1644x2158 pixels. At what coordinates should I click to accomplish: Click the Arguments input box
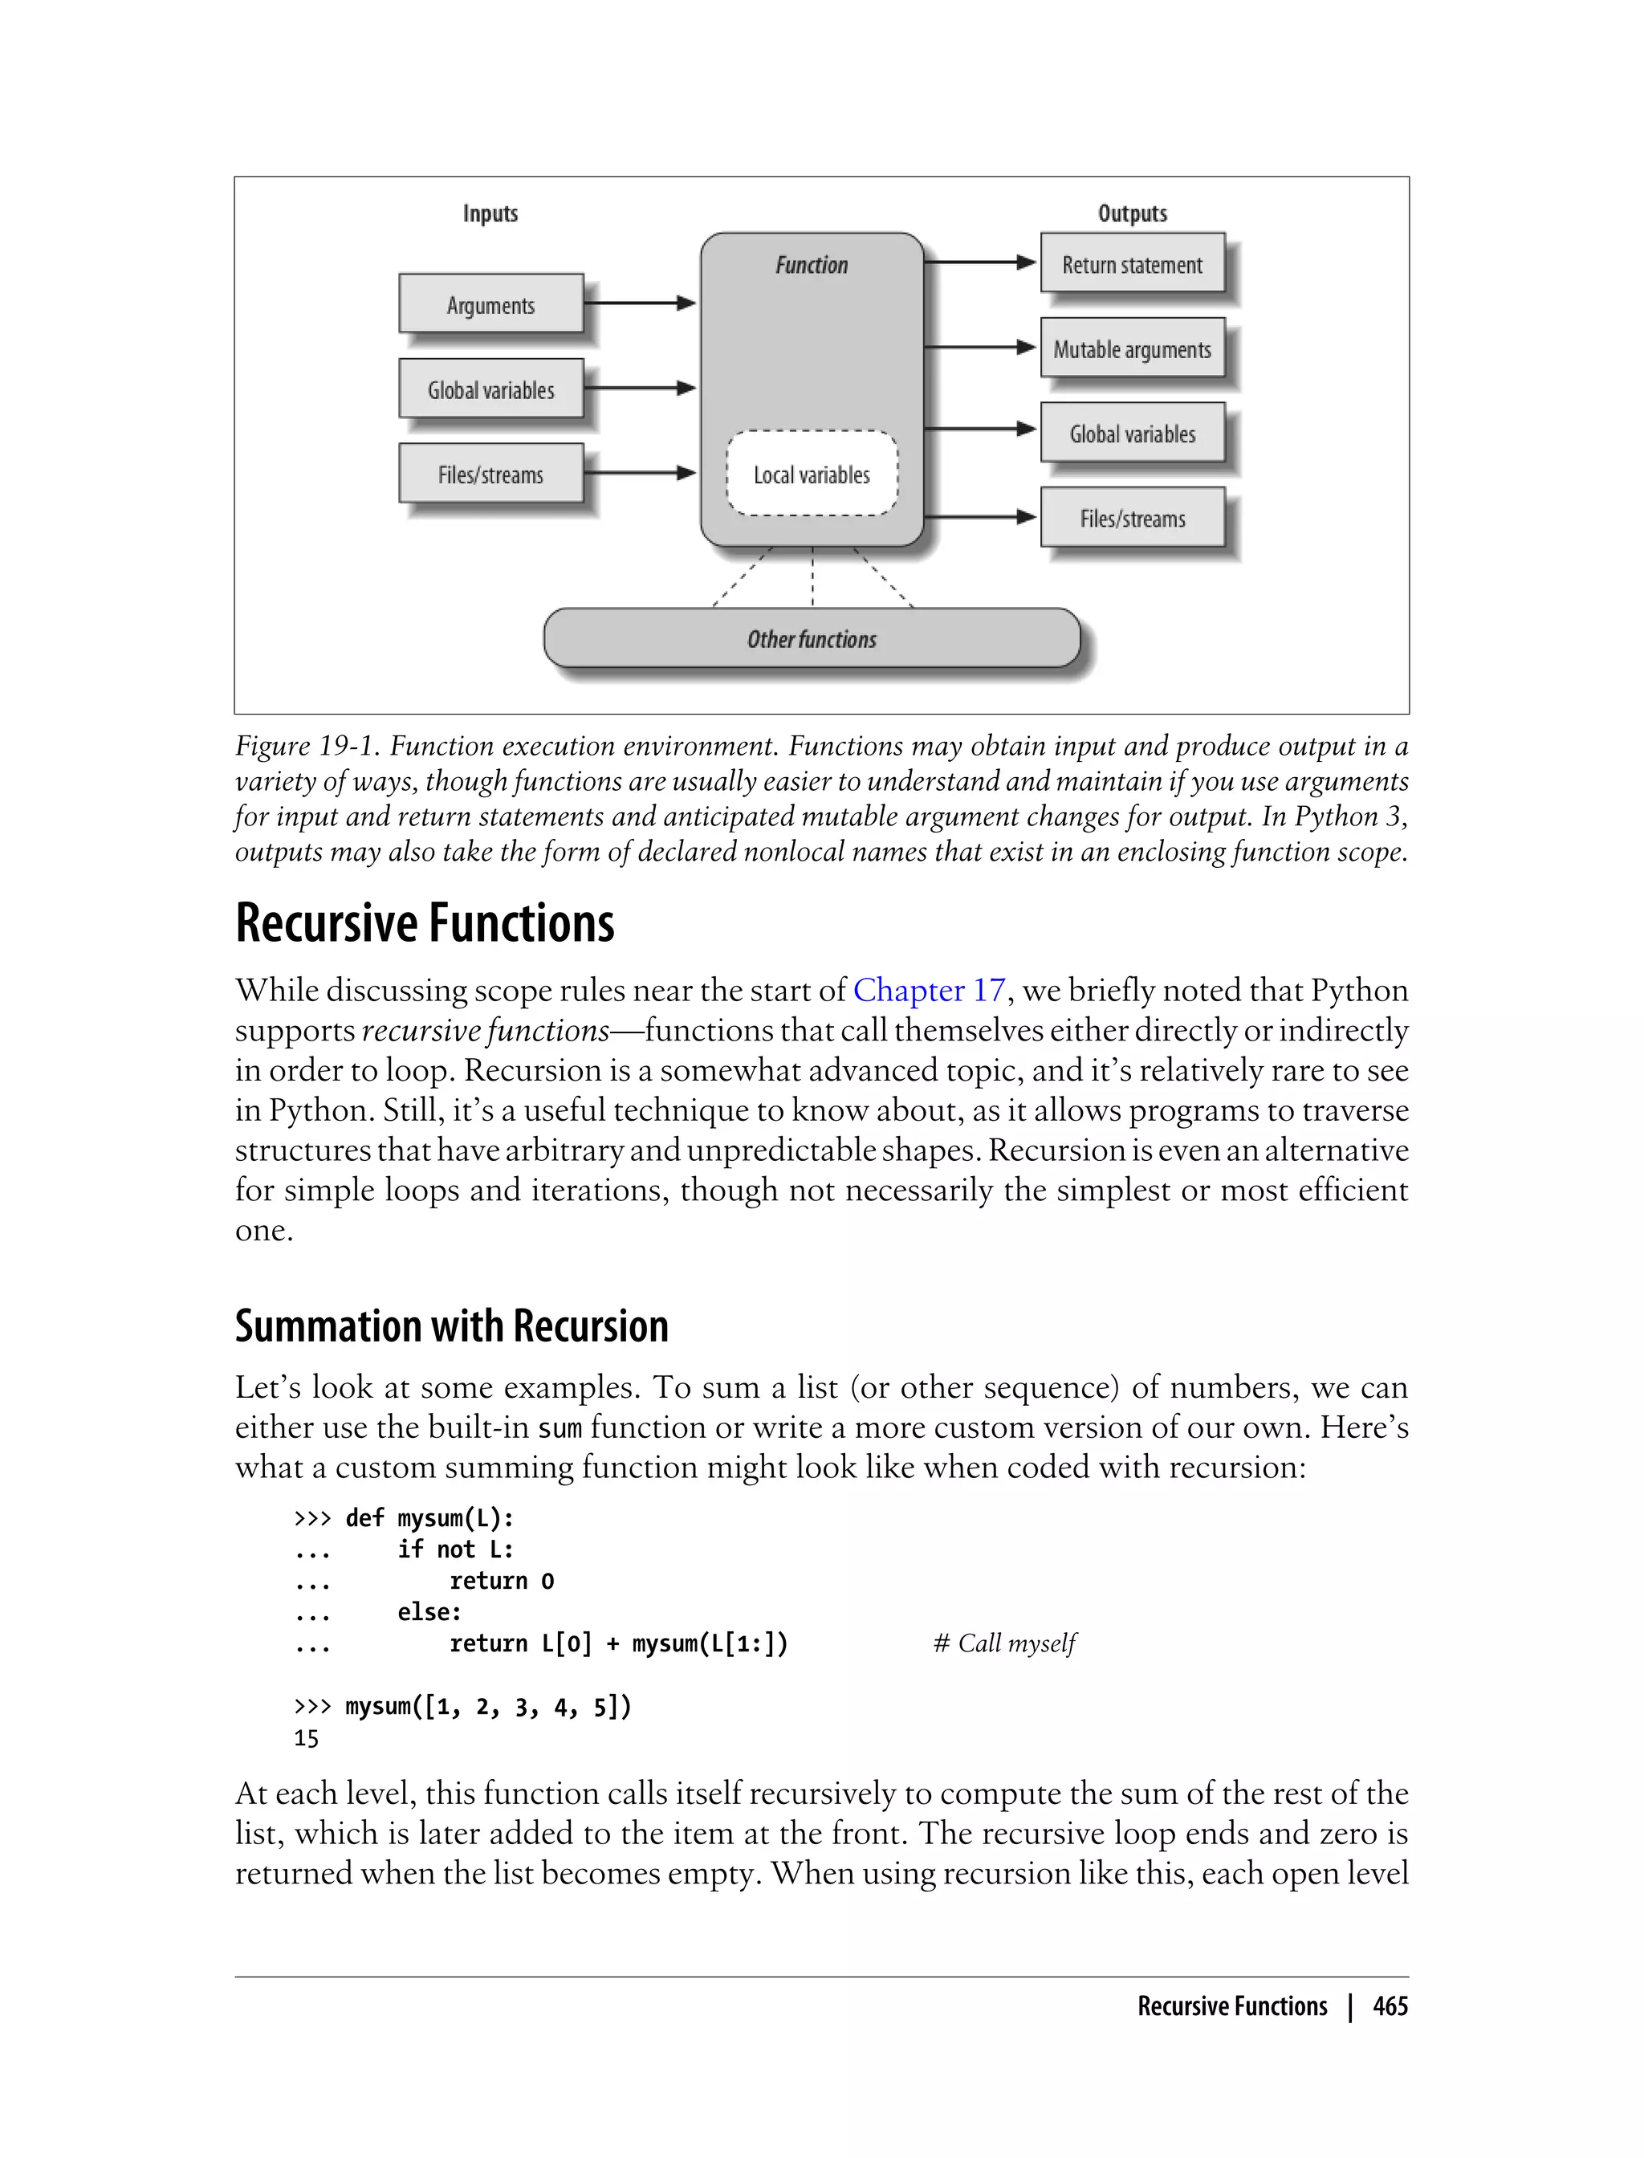[x=490, y=304]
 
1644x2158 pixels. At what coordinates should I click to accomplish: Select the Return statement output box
[x=1132, y=263]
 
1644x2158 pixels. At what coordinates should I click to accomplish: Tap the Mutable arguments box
[x=1132, y=348]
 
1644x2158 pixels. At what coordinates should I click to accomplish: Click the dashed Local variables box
[x=812, y=474]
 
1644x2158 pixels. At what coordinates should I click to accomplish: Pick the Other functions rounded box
[x=812, y=638]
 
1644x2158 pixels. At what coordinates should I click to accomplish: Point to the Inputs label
[x=490, y=213]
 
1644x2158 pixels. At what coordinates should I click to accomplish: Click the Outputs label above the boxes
[x=1132, y=213]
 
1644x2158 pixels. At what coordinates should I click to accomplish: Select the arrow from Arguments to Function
[x=639, y=303]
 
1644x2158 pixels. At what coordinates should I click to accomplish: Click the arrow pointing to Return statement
[x=979, y=263]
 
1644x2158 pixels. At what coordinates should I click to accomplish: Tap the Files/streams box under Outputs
[x=1132, y=518]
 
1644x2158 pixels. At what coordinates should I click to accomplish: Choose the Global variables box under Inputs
[x=490, y=389]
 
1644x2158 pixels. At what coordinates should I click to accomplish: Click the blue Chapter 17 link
[x=929, y=991]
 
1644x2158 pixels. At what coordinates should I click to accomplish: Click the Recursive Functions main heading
[x=425, y=923]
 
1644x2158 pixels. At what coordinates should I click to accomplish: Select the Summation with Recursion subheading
[x=451, y=1326]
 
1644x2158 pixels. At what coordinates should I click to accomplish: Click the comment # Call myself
[x=1004, y=1643]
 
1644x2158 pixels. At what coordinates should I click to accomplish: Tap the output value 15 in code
[x=307, y=1738]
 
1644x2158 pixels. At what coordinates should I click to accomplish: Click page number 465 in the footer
[x=1390, y=2006]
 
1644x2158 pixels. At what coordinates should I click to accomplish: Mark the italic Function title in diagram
[x=812, y=264]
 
